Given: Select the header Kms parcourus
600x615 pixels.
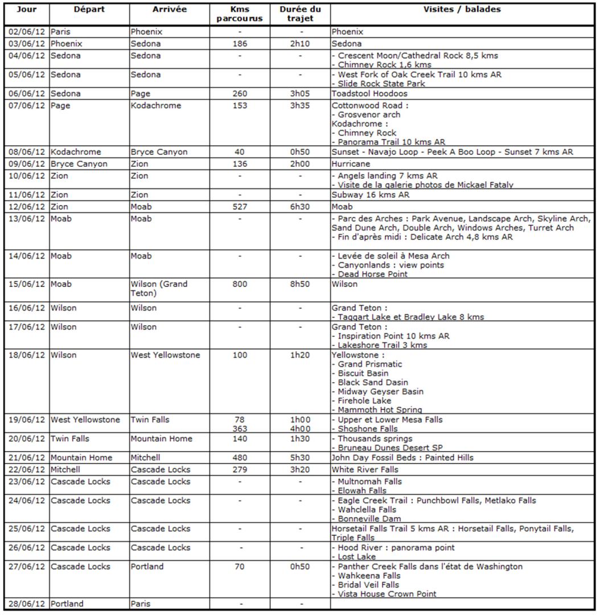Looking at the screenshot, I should coord(240,14).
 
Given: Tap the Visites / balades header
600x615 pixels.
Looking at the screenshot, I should coord(462,10).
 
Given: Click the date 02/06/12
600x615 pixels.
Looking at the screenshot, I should coord(26,32).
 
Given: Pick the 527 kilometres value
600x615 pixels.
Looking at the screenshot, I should coord(240,207).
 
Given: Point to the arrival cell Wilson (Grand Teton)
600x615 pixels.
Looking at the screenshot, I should coord(159,289).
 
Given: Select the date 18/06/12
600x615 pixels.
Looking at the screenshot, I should coord(26,355).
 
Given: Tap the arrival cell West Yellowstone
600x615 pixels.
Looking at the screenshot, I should coord(165,355).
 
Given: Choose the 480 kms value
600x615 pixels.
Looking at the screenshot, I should coord(240,458).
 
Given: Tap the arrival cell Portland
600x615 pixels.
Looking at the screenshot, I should coord(147,567).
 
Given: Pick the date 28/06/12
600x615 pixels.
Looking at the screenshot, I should coord(26,604).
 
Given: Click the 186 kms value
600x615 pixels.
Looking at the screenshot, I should coord(240,44).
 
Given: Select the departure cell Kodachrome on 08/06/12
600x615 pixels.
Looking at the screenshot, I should coord(76,152).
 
